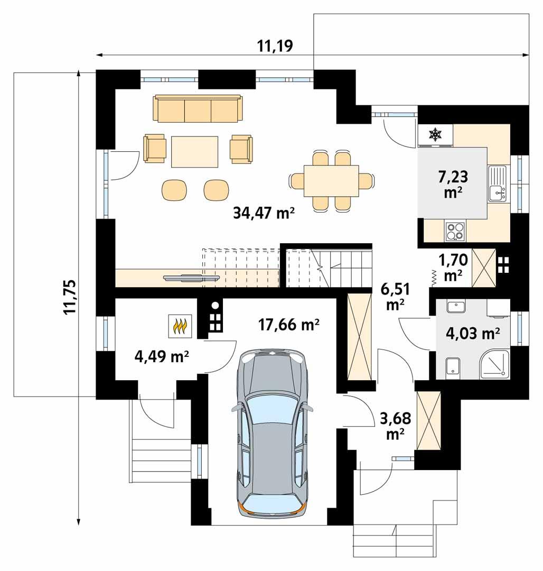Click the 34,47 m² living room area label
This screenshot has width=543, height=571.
click(263, 213)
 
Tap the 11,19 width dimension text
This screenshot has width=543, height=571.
click(275, 46)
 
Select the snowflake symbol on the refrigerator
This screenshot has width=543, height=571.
click(435, 135)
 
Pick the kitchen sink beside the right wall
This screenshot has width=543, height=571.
click(497, 183)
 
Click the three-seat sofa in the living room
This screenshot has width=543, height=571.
click(198, 109)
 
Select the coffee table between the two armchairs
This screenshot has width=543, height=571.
click(195, 151)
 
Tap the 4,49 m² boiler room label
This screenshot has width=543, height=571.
click(162, 357)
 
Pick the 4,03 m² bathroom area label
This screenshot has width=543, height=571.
click(473, 333)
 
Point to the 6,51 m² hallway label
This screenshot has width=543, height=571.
click(395, 296)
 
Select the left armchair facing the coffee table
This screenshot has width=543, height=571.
click(155, 148)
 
